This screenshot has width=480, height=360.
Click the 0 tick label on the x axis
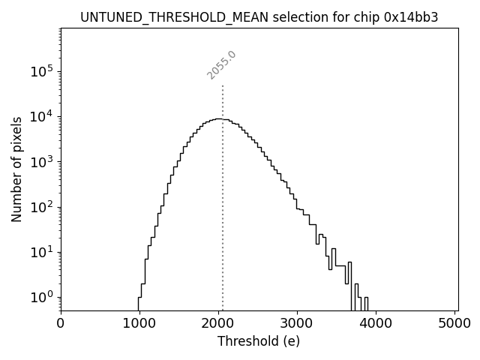point(61,323)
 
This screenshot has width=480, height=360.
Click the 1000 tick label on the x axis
point(139,323)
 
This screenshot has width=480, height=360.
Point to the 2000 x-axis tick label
point(218,323)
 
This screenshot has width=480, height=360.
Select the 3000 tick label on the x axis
point(297,323)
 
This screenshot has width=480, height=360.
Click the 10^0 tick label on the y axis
point(41,297)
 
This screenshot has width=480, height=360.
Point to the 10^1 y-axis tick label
point(41,252)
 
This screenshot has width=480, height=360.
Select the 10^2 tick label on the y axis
point(41,207)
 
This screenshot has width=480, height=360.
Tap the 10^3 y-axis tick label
point(41,162)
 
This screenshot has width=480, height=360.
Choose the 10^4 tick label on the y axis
point(41,117)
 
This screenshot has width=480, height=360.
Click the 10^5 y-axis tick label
point(41,72)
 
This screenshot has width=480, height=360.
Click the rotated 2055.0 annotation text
point(222,65)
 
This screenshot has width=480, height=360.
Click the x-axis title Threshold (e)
point(259,341)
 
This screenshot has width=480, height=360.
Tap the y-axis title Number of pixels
point(16,169)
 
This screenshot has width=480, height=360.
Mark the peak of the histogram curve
point(218,118)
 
